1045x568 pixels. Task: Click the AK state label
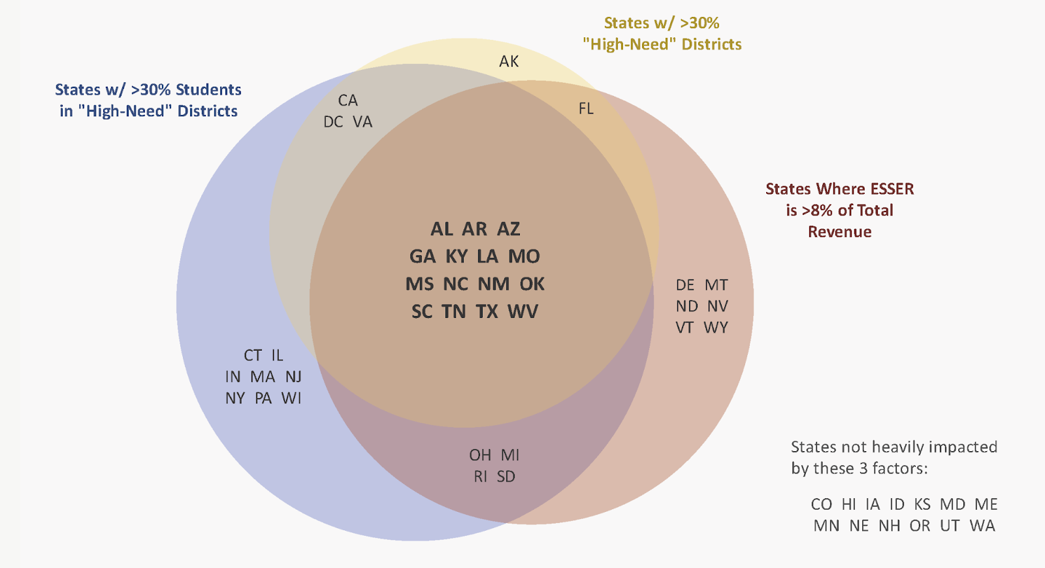point(509,61)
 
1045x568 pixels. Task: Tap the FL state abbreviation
point(586,108)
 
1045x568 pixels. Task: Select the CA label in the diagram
point(347,101)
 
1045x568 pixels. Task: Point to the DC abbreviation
point(333,122)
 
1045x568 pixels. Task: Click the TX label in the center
point(487,311)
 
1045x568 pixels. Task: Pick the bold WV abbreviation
point(523,311)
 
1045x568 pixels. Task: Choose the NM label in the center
point(493,284)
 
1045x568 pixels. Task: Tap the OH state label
point(480,455)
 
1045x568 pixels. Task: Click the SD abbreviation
point(506,477)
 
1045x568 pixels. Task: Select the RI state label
point(481,477)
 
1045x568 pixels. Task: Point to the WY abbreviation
point(716,328)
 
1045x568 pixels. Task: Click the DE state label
point(685,285)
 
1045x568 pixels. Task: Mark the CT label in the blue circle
point(253,355)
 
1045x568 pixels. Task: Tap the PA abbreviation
point(263,398)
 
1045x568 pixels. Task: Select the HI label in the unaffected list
point(848,504)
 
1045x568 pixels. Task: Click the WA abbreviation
point(982,526)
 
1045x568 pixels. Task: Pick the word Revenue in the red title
point(839,232)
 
